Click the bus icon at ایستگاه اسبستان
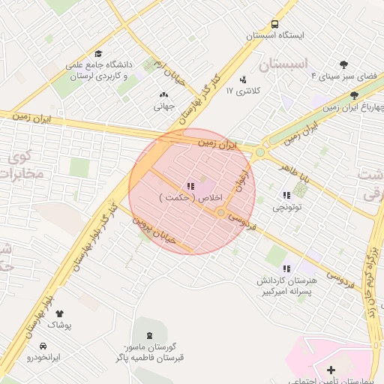coord(274,24)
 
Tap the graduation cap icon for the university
coord(98,53)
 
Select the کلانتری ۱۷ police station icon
coord(242,79)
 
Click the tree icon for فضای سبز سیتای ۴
coord(344,64)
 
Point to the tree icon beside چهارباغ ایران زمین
coord(354,95)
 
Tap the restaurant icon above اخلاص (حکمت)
coord(190,185)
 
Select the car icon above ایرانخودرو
coord(43,346)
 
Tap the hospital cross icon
coord(331,370)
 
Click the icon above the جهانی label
coord(164,94)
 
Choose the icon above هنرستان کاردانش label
coord(286,268)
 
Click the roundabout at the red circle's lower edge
coord(221,214)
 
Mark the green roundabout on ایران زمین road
coord(260,151)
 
